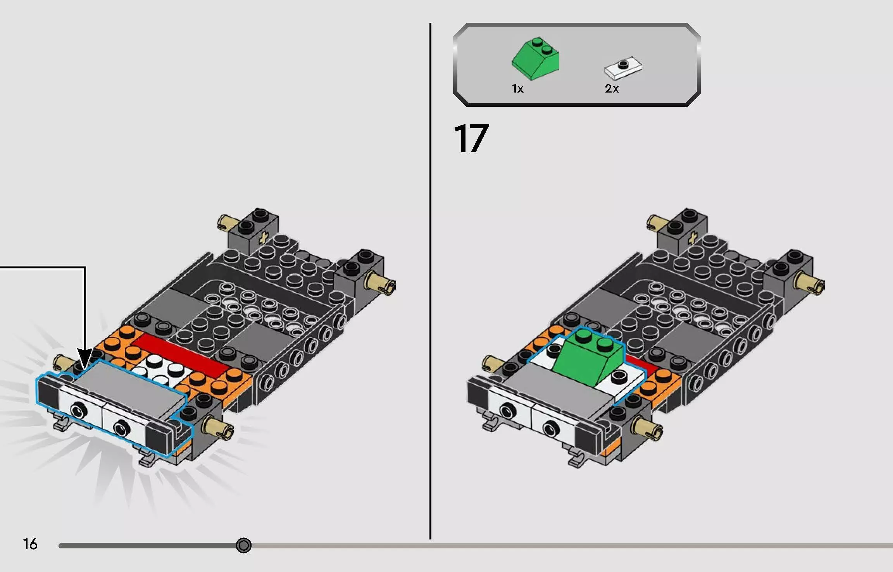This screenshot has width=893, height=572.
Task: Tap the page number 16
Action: coord(30,544)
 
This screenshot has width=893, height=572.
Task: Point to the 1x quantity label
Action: coord(517,89)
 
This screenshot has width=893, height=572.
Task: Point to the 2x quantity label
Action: coord(612,89)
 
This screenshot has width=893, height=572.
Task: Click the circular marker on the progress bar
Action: coord(244,545)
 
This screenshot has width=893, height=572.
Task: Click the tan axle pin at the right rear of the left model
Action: coord(382,283)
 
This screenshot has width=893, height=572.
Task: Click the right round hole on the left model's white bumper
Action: coord(122,428)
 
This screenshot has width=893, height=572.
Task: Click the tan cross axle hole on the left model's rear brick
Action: coord(265,237)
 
